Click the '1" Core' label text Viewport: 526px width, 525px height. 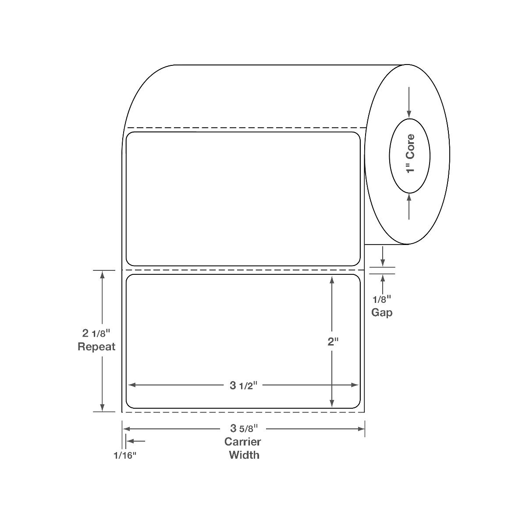click(x=410, y=154)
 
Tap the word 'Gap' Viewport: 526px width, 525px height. click(x=382, y=313)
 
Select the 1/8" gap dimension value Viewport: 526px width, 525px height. click(x=381, y=300)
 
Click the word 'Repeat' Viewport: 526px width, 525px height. click(x=96, y=347)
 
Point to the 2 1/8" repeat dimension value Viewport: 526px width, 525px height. click(x=96, y=333)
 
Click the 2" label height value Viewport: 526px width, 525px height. click(x=333, y=342)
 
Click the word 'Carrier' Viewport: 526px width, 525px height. click(x=243, y=442)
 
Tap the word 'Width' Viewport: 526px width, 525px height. click(x=244, y=455)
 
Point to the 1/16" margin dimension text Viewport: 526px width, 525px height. click(x=125, y=455)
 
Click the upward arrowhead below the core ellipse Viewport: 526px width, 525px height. click(x=409, y=198)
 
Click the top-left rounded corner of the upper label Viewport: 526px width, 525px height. click(x=129, y=135)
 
